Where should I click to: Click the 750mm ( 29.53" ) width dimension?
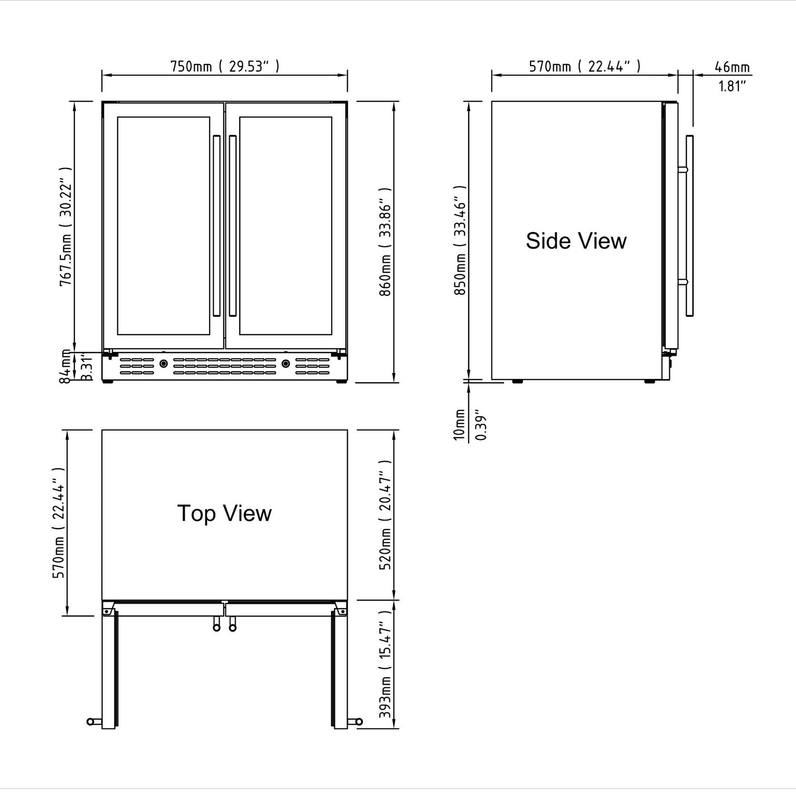225,66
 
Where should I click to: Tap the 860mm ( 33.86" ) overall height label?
385,241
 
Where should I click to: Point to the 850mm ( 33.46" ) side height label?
460,240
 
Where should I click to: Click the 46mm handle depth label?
732,67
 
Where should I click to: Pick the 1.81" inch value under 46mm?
732,86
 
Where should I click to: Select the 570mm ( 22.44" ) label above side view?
585,66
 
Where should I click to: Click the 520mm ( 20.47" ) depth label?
385,515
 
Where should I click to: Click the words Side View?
576,241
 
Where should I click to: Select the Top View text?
224,513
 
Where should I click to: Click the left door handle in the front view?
217,226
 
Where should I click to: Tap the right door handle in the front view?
233,226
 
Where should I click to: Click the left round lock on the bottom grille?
163,364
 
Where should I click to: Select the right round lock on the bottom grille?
285,364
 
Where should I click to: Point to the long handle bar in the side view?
690,226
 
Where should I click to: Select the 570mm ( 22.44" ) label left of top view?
60,522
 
